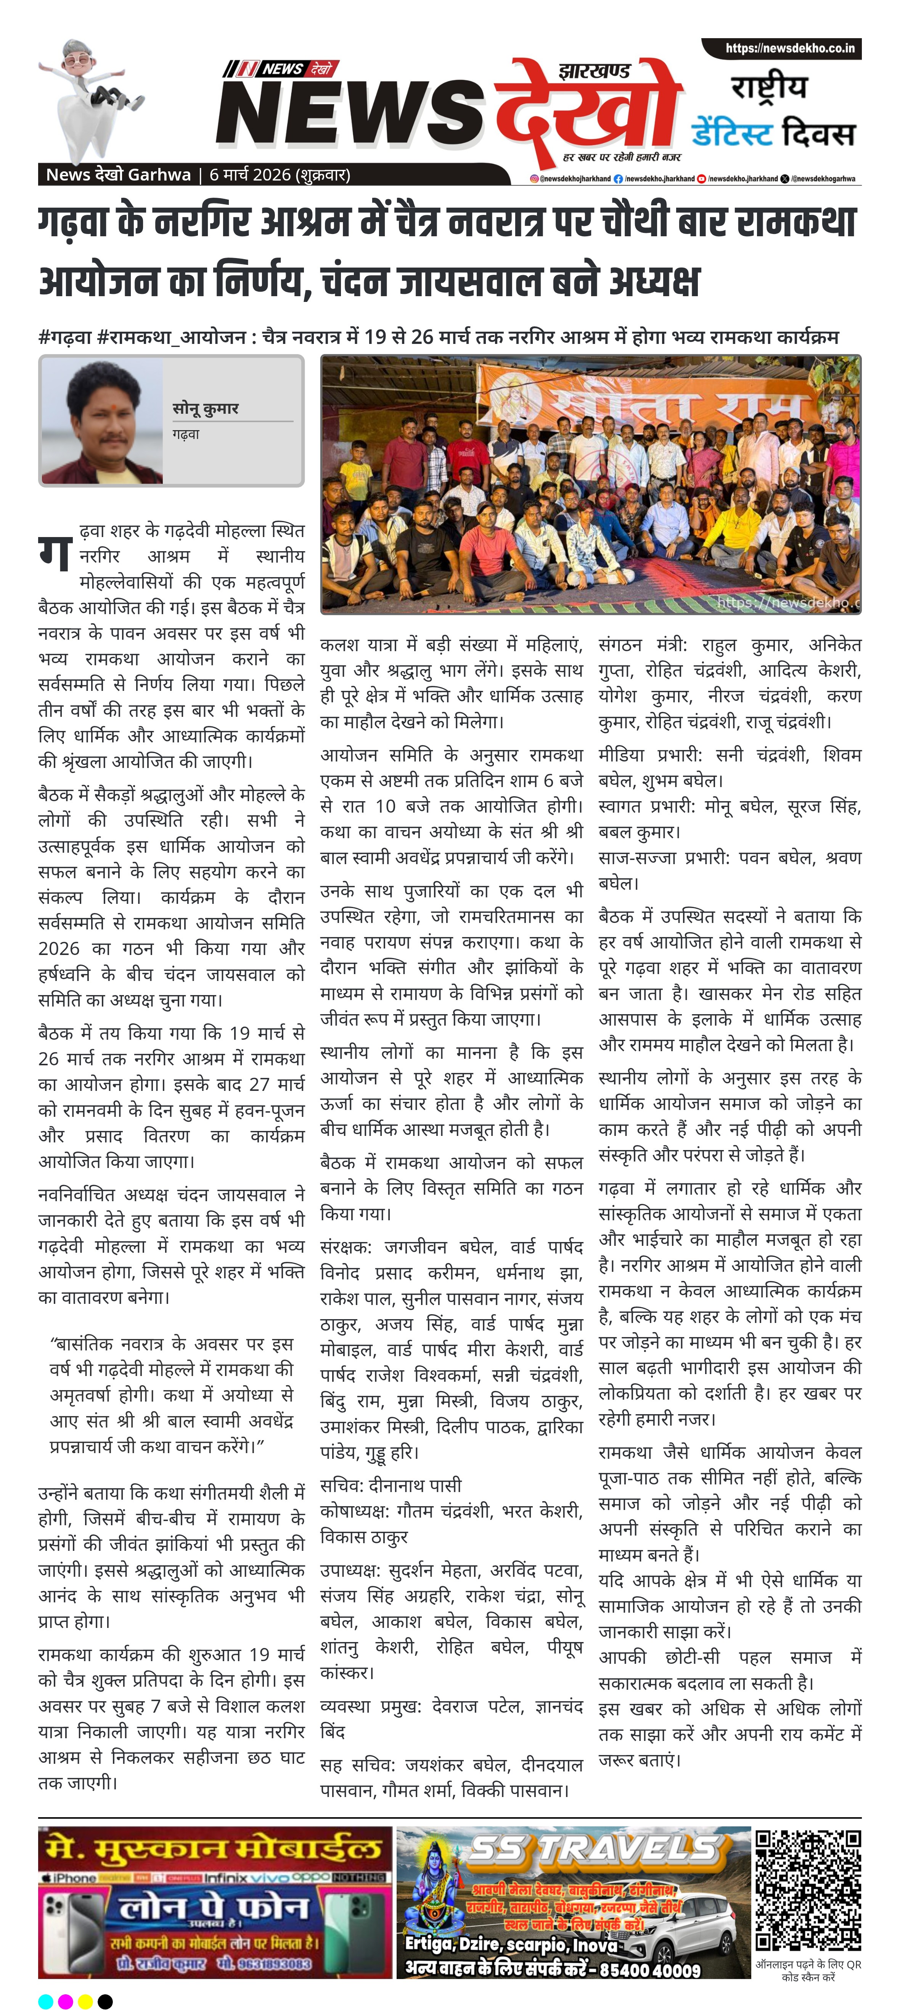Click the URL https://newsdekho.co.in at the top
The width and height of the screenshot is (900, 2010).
(789, 48)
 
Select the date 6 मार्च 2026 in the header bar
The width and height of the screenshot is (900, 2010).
(249, 175)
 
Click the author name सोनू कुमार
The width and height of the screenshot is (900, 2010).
(205, 408)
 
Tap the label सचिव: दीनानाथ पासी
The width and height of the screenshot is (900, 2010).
(390, 1485)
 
